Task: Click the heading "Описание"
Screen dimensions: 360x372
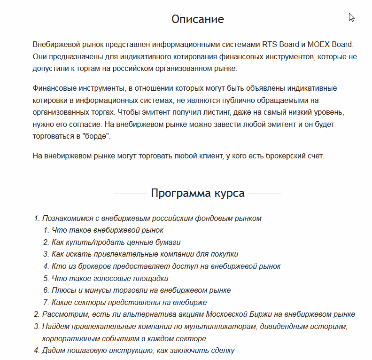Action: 198,19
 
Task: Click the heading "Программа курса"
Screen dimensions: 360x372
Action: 198,193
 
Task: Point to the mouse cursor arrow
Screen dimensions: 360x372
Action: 351,17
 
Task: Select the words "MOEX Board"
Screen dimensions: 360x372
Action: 330,45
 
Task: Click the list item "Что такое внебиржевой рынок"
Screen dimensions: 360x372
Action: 108,230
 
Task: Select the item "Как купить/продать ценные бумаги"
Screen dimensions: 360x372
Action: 116,242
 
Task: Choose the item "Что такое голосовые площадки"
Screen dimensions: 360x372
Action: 110,278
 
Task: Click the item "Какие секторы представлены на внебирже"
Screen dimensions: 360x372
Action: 129,302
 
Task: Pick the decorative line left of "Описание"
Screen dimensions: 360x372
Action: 151,20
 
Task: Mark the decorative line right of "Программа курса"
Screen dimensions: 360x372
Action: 265,194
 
